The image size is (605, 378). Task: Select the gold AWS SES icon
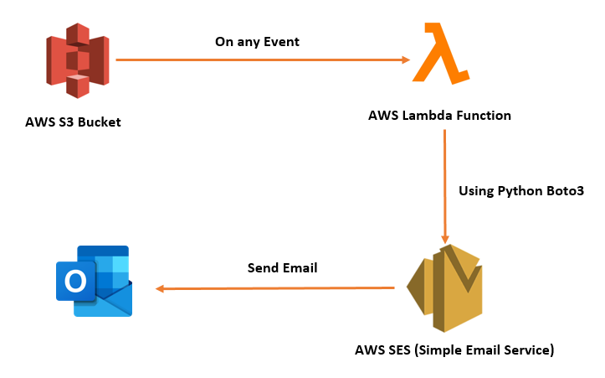(444, 287)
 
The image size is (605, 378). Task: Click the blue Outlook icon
(94, 281)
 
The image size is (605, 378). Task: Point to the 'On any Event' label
(257, 40)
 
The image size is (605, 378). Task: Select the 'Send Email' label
(283, 268)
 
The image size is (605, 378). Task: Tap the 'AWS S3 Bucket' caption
(73, 122)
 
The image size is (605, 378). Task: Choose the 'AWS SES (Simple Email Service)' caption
(455, 350)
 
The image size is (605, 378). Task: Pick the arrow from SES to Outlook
(275, 288)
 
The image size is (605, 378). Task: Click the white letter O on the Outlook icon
(75, 282)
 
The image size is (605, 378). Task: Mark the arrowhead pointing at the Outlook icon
(162, 288)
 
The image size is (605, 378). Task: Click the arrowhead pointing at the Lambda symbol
(405, 60)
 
